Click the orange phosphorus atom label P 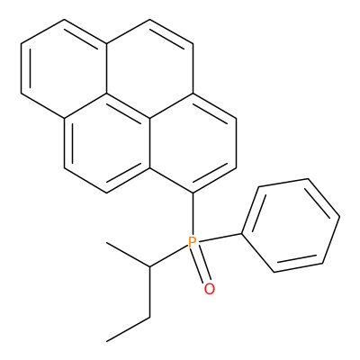[193, 242]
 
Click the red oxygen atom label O [210, 289]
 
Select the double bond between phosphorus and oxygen [201, 265]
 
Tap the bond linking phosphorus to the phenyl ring [220, 238]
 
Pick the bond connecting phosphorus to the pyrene [193, 214]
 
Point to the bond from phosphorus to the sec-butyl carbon [169, 256]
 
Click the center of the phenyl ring [291, 226]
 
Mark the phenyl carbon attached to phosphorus [242, 233]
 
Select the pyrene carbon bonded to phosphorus [193, 193]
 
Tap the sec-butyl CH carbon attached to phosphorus [149, 266]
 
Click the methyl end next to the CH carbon [107, 242]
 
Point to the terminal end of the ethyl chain [107, 341]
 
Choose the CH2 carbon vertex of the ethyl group [149, 317]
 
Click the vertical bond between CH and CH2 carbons [149, 292]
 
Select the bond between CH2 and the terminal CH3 [129, 329]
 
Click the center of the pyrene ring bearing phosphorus [193, 143]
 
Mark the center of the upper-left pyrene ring [64, 68]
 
